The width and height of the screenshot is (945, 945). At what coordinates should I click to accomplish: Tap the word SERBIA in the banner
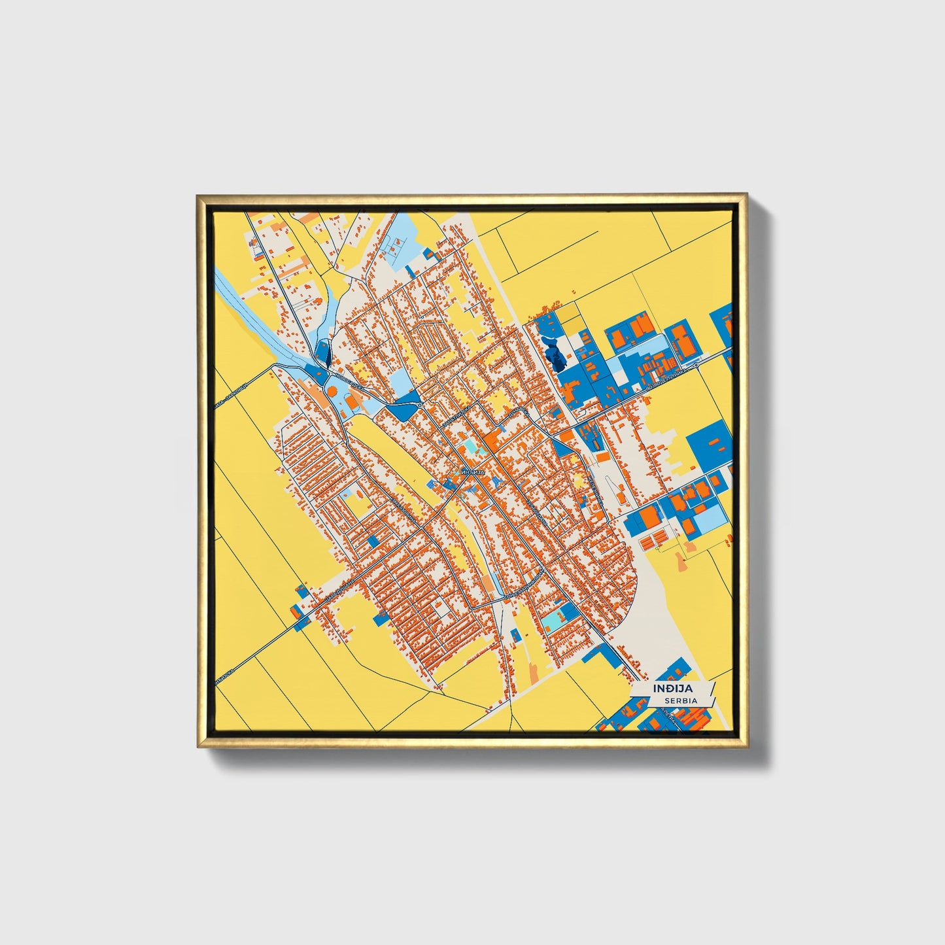coord(679,700)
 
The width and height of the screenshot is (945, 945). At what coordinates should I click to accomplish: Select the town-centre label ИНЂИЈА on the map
coord(472,472)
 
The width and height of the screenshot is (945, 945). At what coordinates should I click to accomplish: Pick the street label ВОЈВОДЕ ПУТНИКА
coord(667,380)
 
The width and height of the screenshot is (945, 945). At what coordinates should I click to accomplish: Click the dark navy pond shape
coord(557,357)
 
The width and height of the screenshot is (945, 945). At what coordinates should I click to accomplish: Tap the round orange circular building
coord(332,391)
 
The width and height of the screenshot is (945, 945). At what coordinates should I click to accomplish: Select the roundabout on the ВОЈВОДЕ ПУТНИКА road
coord(697,367)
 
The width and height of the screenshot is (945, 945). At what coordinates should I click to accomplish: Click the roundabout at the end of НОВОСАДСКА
coord(419,406)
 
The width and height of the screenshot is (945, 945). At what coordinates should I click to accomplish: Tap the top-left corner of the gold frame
coord(198,195)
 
